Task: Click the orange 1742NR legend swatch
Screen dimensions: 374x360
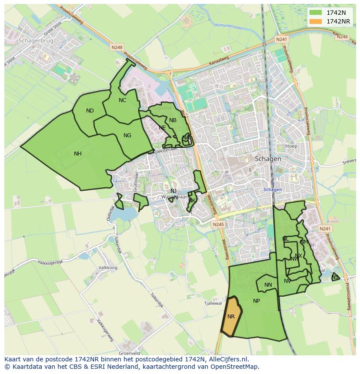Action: (x=316, y=21)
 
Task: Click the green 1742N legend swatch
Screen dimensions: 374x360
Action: (x=316, y=13)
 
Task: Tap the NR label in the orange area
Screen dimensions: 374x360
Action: (x=231, y=317)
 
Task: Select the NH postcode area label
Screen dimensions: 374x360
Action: (x=78, y=154)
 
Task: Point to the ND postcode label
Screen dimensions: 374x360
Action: (x=90, y=111)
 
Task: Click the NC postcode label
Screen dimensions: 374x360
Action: (x=122, y=100)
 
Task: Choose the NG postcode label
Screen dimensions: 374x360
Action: (x=127, y=136)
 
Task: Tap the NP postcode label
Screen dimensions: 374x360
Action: (x=257, y=301)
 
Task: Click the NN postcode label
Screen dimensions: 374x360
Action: (x=268, y=285)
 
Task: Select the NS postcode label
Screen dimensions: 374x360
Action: (x=335, y=277)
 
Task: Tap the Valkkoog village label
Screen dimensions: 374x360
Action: (x=108, y=268)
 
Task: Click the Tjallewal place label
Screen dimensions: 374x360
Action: (x=213, y=304)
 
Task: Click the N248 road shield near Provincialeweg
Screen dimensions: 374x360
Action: (x=117, y=47)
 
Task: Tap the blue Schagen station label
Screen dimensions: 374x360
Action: (x=273, y=189)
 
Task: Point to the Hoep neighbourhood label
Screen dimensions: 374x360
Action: (x=291, y=146)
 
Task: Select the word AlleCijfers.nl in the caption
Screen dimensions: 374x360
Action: (x=228, y=359)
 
